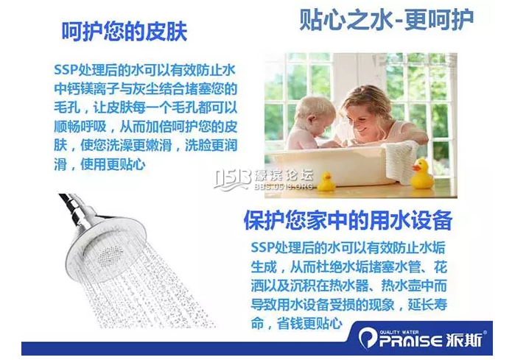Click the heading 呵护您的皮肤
[x=125, y=32]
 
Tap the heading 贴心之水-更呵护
[x=386, y=19]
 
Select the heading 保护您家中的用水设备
[x=348, y=220]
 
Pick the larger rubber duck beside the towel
[x=424, y=174]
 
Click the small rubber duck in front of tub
[x=326, y=182]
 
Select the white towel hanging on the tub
[x=401, y=160]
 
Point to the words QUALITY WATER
[x=399, y=332]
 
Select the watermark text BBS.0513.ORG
[x=284, y=186]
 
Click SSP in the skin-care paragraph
[x=66, y=71]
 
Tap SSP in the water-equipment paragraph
[x=263, y=247]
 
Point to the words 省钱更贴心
[x=309, y=323]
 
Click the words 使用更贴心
[x=113, y=164]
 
